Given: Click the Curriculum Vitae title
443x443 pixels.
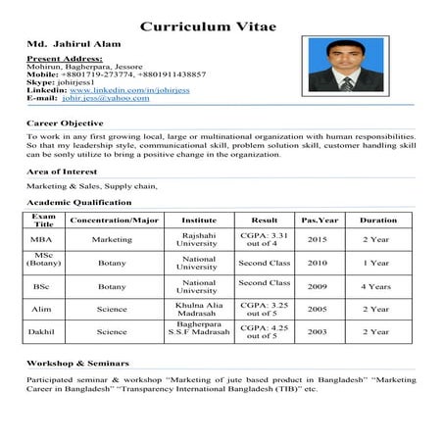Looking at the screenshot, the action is [208, 25].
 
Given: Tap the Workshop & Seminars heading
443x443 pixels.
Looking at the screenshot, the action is [77, 363].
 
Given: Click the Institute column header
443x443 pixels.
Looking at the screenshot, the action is [199, 221].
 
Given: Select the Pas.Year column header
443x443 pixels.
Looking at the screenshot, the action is [319, 221].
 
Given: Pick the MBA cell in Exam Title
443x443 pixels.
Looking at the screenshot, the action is [43, 239].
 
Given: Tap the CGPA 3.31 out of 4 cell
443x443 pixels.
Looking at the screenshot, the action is [265, 239].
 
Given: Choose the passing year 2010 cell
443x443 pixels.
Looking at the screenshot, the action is [319, 263].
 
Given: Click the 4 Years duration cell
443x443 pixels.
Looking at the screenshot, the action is [376, 286].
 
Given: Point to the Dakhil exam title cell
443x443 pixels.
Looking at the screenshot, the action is [43, 331].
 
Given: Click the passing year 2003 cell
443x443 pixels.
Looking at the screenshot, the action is [319, 331].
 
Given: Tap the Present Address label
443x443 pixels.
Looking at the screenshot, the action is [64, 59].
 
